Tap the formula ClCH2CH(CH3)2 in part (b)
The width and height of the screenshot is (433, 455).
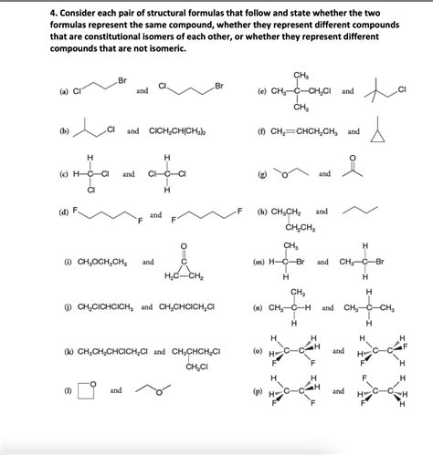click(x=174, y=131)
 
